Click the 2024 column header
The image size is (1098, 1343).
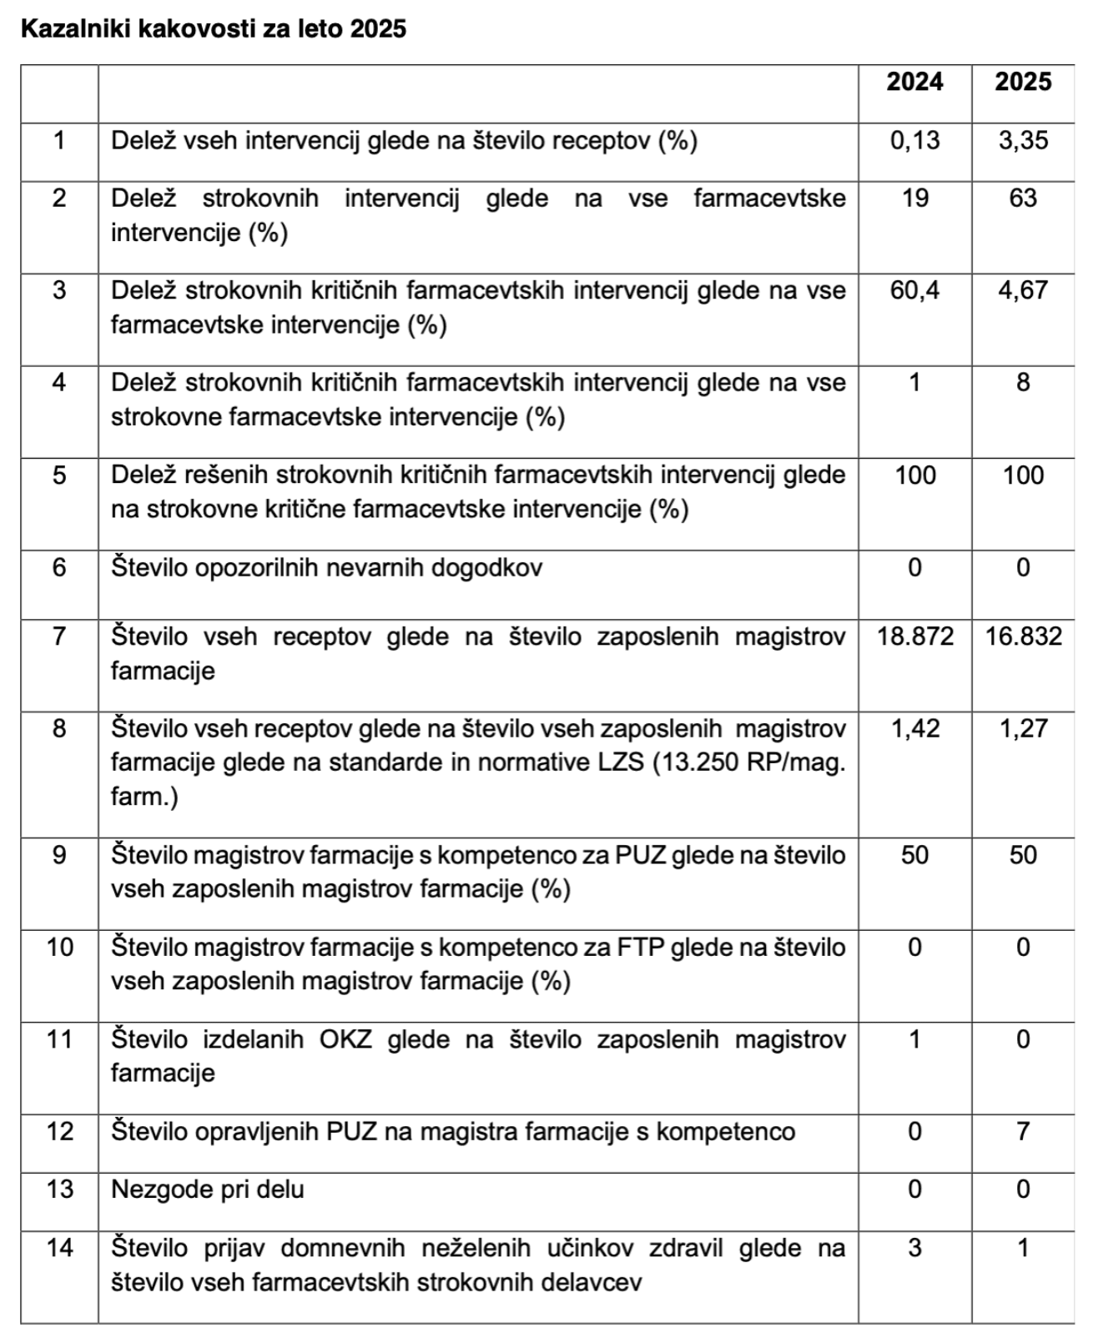pos(914,82)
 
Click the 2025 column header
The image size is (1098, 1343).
pos(1023,82)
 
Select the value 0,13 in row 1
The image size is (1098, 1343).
pos(914,140)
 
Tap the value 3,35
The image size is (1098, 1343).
pos(1023,140)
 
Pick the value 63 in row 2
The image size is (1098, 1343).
pos(1023,199)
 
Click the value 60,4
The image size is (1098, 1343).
pos(914,290)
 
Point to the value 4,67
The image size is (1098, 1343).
pos(1023,290)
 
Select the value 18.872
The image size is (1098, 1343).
pos(914,636)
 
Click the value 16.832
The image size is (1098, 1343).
pos(1023,636)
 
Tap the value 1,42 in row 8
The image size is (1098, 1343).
pos(914,728)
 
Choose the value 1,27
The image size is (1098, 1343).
pos(1023,728)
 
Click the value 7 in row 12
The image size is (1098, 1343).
pos(1023,1131)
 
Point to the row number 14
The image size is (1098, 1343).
pos(59,1248)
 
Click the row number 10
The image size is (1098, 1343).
pos(59,948)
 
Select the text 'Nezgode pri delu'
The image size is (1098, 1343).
pos(207,1190)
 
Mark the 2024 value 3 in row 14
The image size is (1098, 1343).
pos(914,1248)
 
